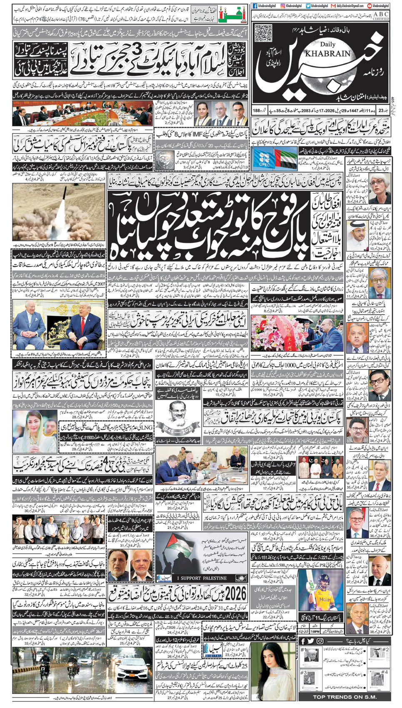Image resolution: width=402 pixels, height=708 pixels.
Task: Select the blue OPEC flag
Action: click(265, 159)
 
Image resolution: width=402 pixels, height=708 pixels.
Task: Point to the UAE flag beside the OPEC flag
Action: click(285, 159)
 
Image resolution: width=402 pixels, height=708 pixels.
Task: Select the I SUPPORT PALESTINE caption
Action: click(201, 578)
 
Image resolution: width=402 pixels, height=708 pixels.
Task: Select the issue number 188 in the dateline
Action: click(256, 111)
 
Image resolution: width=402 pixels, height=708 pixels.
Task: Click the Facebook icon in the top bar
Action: click(255, 6)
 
